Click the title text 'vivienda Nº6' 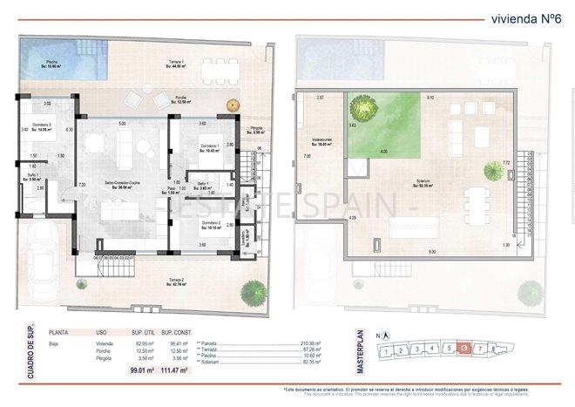pos(524,17)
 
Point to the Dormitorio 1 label pos(209,147)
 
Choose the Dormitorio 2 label pos(209,225)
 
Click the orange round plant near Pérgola pos(233,105)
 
